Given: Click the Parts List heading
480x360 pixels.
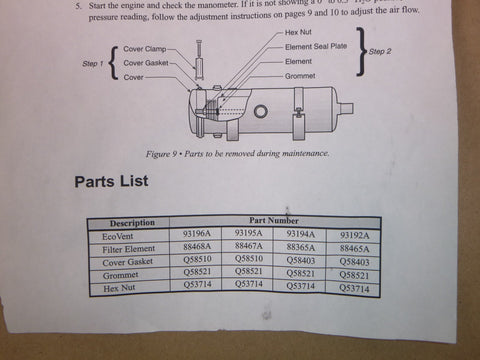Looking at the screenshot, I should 111,182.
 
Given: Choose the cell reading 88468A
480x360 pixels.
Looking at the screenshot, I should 196,248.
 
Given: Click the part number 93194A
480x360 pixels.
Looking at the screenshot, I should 302,234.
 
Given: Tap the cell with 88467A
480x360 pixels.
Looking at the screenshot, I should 249,248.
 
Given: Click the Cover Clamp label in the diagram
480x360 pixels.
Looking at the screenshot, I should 144,50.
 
